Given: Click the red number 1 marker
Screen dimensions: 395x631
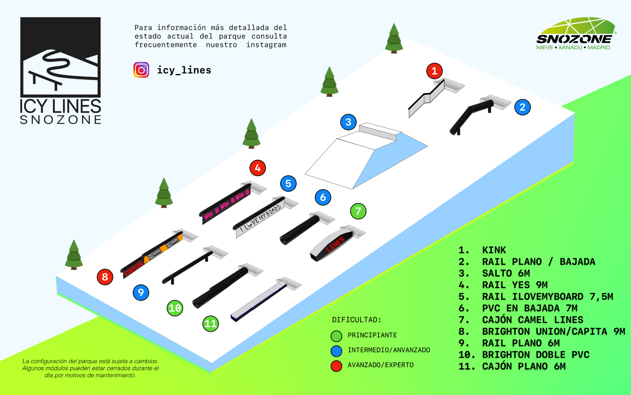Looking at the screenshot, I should click(x=434, y=71).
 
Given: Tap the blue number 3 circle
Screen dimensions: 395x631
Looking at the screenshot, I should click(x=348, y=122).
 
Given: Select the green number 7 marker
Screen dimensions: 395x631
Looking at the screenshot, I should click(x=358, y=211).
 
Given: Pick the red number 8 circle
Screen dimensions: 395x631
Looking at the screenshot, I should click(x=105, y=277).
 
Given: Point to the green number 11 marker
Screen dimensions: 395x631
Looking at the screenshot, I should click(x=211, y=324).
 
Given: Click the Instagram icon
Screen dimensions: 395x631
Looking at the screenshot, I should click(x=141, y=70).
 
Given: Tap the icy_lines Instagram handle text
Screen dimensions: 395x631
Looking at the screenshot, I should click(x=184, y=70).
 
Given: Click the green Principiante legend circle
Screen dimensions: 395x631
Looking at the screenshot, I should click(x=336, y=336).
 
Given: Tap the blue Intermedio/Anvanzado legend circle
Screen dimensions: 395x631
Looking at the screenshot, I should click(x=336, y=351).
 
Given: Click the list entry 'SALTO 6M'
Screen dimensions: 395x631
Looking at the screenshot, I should click(x=506, y=273).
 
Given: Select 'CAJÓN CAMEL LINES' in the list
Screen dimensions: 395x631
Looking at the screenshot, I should click(x=532, y=320).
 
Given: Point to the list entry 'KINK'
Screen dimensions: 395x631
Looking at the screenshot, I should click(x=494, y=250).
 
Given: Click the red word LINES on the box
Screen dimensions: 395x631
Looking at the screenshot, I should click(x=335, y=244).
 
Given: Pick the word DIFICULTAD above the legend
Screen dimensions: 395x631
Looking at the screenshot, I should click(x=357, y=320).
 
